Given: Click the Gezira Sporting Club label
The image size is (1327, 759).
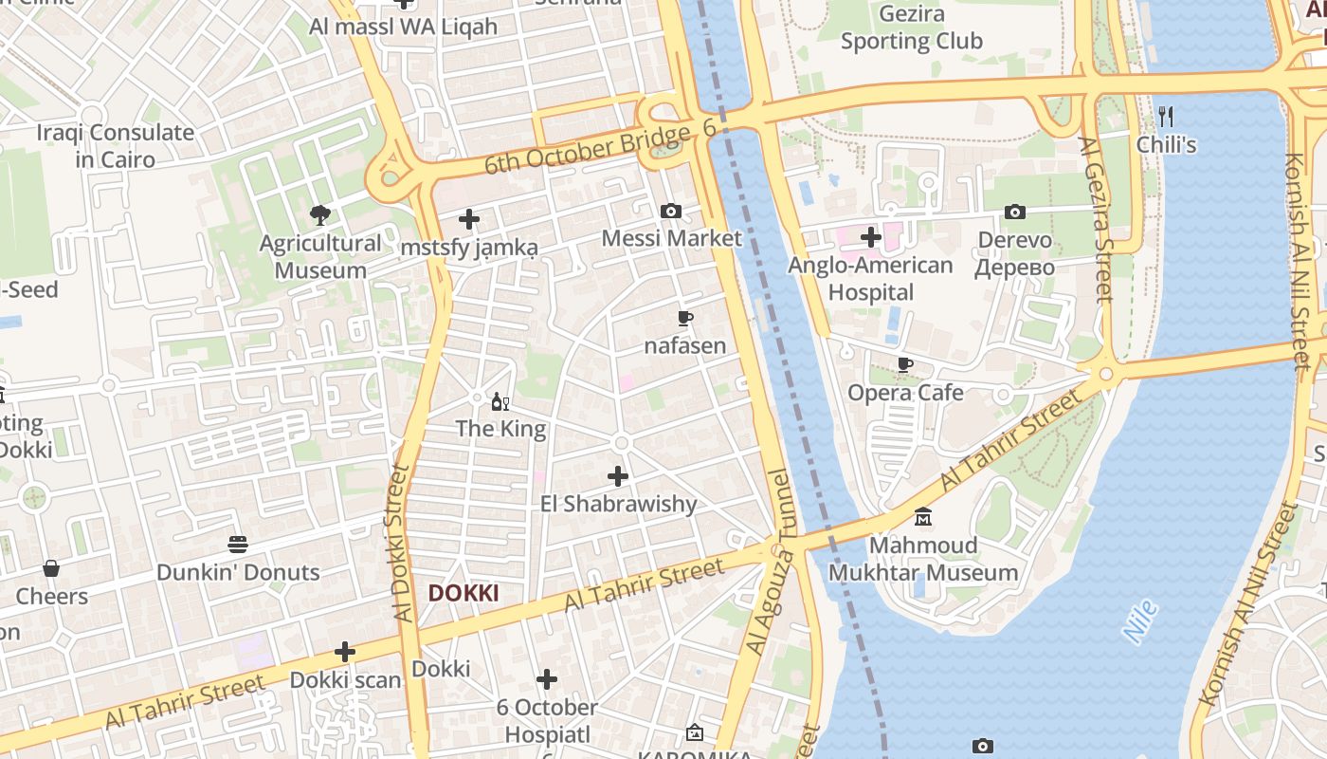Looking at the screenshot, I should coord(912,28).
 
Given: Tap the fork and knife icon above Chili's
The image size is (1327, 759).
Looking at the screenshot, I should coord(1166,117).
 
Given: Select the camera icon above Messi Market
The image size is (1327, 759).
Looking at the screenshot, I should coord(671,211).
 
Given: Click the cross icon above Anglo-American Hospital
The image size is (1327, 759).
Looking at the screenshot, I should coord(871,237).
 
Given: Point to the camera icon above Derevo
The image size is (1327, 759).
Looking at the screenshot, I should coord(1015,212).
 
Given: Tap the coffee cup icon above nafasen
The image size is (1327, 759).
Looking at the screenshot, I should coord(685,318).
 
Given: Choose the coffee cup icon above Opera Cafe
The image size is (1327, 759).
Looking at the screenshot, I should coord(905,364).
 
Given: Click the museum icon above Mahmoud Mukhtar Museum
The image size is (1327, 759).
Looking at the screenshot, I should coord(923,517).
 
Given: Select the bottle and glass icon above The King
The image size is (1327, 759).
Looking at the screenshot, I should coord(500,401).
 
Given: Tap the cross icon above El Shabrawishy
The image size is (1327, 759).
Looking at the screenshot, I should coord(618,475).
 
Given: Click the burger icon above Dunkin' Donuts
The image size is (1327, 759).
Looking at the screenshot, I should coord(238,545).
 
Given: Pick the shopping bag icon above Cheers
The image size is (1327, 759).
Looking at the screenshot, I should coord(51,568).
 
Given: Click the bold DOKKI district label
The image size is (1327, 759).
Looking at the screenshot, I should coord(464,594).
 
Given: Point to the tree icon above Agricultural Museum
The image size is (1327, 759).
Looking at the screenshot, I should coord(320,215).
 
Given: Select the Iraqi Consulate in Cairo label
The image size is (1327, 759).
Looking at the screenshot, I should coord(116,145).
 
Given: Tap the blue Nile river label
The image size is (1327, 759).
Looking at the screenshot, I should coord(1140,622).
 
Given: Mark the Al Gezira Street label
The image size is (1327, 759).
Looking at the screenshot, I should coord(1096,220).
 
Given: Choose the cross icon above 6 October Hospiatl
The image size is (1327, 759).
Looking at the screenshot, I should coord(547,679).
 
